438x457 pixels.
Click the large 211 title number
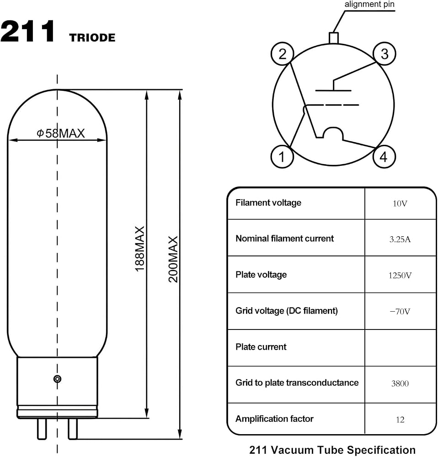[28, 31]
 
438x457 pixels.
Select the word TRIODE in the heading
[92, 37]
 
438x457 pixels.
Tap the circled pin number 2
[282, 53]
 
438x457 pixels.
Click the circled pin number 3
[385, 53]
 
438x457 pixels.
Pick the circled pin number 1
[282, 156]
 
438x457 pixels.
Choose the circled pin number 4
[384, 156]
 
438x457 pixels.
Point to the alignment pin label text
[369, 5]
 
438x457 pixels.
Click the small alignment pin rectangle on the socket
[334, 38]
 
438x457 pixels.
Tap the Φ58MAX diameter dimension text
[61, 133]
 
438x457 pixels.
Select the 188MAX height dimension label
[140, 249]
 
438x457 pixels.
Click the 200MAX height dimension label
[173, 259]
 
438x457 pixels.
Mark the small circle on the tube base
[58, 379]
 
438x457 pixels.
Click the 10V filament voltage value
[400, 203]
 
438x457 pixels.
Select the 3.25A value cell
[400, 239]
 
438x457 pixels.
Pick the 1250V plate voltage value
[400, 276]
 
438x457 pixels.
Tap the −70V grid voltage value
[400, 312]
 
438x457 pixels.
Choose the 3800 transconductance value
[400, 383]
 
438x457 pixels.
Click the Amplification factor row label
[274, 419]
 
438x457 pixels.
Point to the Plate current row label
[261, 347]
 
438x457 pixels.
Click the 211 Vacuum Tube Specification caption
[332, 450]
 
